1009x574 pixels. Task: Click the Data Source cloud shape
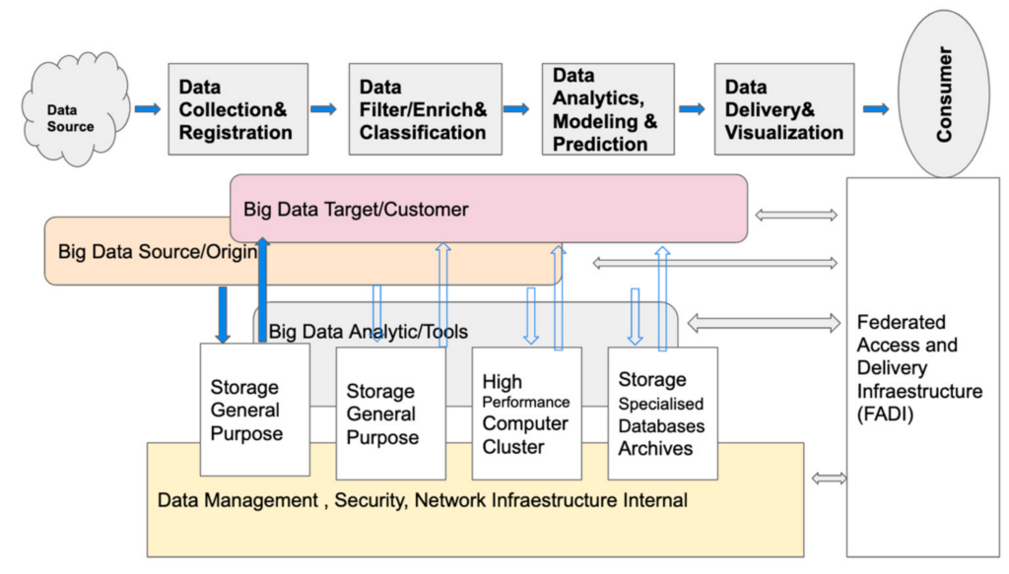[x=76, y=109]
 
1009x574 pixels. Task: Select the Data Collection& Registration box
[x=238, y=109]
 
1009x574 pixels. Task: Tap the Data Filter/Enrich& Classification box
[x=426, y=109]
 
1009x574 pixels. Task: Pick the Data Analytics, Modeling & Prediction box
[x=608, y=109]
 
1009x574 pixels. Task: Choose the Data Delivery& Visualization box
[x=784, y=109]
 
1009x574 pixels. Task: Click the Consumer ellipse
[x=943, y=94]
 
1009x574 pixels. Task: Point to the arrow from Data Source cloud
[x=148, y=109]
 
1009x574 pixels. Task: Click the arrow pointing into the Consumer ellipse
[x=876, y=109]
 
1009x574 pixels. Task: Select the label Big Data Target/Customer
[x=356, y=210]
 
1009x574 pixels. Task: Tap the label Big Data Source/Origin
[x=158, y=251]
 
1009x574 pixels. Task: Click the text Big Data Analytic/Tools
[x=369, y=332]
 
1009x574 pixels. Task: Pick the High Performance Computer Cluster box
[x=527, y=414]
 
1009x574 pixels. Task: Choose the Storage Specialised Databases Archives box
[x=663, y=414]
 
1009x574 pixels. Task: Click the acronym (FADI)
[x=885, y=415]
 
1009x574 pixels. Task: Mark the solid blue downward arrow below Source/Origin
[x=223, y=314]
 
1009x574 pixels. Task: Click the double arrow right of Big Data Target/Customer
[x=796, y=216]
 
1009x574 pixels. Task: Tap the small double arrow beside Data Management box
[x=829, y=478]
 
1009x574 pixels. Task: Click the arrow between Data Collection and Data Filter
[x=323, y=109]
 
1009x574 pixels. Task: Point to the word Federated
[x=902, y=322]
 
